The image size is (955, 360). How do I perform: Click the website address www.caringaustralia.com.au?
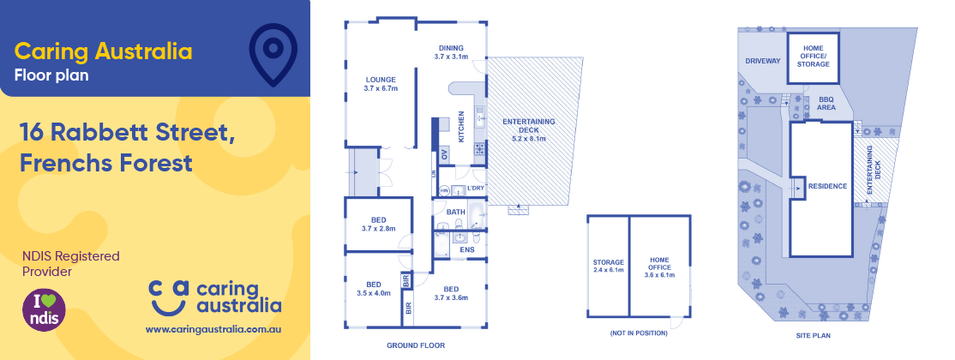(214, 329)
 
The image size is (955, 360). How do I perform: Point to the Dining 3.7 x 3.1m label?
(451, 52)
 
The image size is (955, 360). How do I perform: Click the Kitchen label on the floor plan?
(461, 127)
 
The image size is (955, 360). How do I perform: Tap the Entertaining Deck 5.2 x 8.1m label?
(529, 129)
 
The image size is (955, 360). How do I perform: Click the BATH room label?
(455, 211)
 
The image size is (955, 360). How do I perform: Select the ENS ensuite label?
(467, 249)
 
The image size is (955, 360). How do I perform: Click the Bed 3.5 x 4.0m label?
(374, 288)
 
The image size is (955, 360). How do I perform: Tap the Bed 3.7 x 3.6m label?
(451, 293)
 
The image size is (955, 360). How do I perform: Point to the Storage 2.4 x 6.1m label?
(608, 267)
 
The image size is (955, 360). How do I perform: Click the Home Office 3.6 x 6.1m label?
(659, 267)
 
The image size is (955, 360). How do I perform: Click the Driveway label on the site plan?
(762, 61)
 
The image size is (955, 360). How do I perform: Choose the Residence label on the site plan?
(827, 186)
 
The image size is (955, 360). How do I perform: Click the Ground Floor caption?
(416, 345)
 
